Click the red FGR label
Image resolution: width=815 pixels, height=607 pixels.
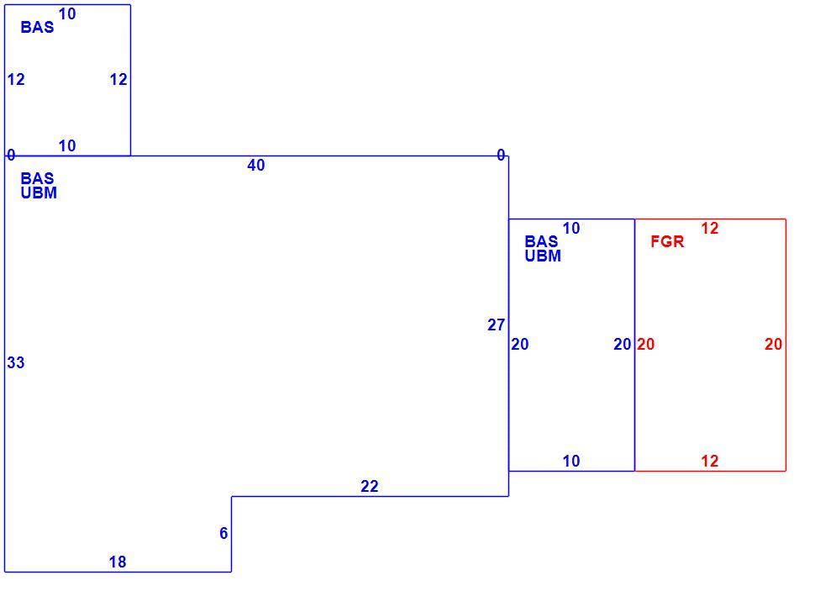coord(667,241)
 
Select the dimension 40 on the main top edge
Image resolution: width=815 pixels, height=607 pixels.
coord(255,165)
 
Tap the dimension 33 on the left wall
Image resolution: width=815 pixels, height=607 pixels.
coord(16,362)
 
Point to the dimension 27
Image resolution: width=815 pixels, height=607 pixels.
coord(496,325)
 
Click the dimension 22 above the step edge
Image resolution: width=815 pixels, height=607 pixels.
coord(370,486)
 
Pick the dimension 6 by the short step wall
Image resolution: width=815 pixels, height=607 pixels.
coord(223,533)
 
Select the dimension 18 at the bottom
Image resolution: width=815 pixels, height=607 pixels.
coord(118,562)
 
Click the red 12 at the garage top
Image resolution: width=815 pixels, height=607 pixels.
coord(709,229)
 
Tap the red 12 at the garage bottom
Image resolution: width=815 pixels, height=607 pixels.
coord(709,461)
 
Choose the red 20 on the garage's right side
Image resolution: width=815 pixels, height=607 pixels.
coord(774,344)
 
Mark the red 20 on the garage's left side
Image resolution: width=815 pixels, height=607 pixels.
coord(645,344)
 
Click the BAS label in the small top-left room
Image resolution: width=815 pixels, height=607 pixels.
coord(37,27)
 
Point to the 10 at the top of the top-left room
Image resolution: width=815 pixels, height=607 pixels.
coord(67,14)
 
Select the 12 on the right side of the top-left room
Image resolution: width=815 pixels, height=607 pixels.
coord(118,80)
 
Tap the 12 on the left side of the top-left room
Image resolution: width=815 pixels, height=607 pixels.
coord(16,80)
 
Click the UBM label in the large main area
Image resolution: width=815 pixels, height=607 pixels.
coord(39,193)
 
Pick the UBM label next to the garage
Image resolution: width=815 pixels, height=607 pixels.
coord(543,256)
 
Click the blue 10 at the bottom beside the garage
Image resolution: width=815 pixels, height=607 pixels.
coord(571,461)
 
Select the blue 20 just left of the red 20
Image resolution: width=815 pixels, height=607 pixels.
coord(622,344)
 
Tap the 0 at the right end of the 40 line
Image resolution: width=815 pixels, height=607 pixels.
coord(501,155)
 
